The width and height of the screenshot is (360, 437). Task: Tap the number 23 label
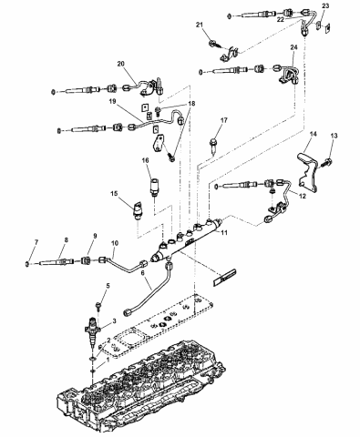pos(327,6)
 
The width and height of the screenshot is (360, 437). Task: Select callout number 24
pos(294,48)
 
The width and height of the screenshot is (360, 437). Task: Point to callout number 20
pos(120,65)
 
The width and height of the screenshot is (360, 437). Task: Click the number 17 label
pos(223,120)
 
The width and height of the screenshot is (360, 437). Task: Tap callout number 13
pos(334,136)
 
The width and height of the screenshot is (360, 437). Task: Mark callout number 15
pos(115,194)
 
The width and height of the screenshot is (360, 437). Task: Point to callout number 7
pos(36,241)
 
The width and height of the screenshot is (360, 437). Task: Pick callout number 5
pos(107,287)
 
